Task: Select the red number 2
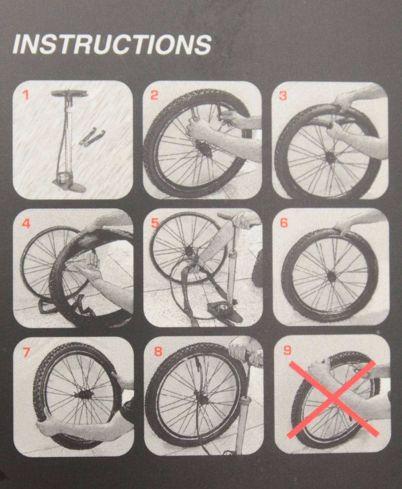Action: pos(155,95)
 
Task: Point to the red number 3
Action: pos(283,95)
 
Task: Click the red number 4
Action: pos(26,224)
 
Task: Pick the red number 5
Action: pos(155,223)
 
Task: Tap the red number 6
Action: pos(284,223)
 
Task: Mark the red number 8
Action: pos(158,351)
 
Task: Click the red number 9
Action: pos(287,350)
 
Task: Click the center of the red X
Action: pos(333,397)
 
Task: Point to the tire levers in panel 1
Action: pos(92,138)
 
